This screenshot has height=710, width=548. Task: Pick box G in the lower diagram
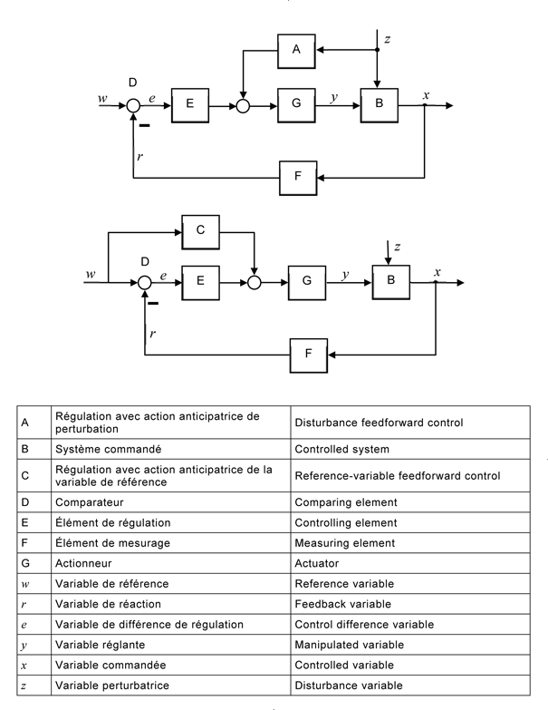(x=307, y=282)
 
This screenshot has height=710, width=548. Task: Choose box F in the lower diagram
(x=310, y=353)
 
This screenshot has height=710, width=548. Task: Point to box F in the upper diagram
(x=296, y=177)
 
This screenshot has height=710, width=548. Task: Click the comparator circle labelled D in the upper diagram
(x=133, y=106)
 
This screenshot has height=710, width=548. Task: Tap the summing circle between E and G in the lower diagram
(x=255, y=282)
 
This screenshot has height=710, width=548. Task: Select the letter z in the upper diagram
(x=388, y=38)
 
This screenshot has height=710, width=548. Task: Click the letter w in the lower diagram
(x=91, y=273)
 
